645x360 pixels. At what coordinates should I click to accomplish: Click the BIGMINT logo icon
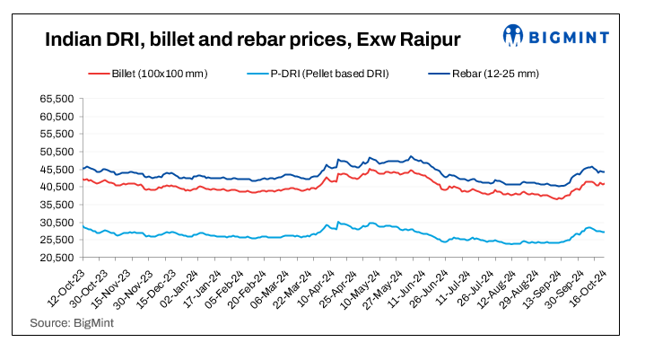pyautogui.click(x=513, y=36)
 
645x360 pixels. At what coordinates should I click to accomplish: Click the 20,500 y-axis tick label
pyautogui.click(x=58, y=258)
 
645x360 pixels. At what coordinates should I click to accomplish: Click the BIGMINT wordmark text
pyautogui.click(x=570, y=37)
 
